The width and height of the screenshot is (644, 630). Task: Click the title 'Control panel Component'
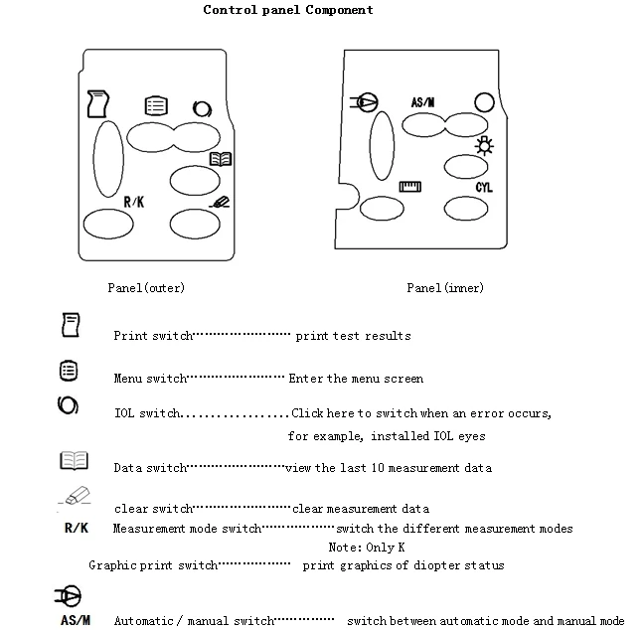point(288,10)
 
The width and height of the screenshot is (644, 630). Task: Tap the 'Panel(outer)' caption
point(146,288)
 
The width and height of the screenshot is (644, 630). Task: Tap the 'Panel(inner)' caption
point(445,288)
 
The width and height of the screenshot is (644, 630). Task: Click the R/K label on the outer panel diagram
point(134,203)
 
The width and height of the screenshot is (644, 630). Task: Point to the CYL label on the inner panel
point(484,188)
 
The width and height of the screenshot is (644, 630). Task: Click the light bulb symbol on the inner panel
point(485,149)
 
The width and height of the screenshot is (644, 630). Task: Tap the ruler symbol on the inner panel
point(410,187)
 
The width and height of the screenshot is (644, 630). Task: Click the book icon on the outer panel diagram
point(221,159)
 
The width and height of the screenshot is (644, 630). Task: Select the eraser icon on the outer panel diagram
point(222,203)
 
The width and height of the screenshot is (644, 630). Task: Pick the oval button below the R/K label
point(108,225)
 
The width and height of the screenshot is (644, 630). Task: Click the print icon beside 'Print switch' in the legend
point(71,324)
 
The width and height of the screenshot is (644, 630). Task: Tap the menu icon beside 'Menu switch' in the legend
point(68,370)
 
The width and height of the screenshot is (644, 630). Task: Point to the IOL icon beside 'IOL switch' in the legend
point(68,406)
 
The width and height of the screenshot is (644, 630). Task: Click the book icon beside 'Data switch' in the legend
point(74,461)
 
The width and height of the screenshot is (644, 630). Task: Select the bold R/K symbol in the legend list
point(76,529)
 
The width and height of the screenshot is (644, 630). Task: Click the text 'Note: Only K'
point(367,548)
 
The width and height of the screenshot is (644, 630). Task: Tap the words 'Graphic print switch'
point(152,565)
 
